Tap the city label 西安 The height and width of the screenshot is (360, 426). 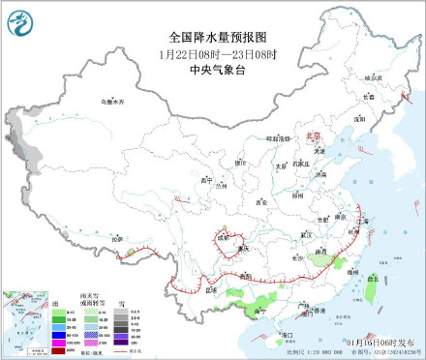coord(260,202)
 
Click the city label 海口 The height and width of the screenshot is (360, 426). coord(288,334)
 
